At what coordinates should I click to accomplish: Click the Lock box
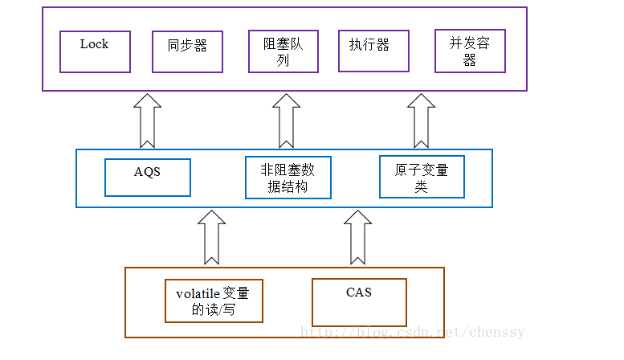[x=95, y=51]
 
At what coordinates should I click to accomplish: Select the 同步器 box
[x=187, y=51]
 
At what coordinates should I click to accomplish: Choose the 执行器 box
[x=373, y=51]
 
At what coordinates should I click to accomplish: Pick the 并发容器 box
[x=470, y=51]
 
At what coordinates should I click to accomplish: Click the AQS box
[x=148, y=178]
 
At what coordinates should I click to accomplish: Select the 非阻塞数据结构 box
[x=288, y=178]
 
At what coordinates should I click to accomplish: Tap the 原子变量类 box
[x=422, y=177]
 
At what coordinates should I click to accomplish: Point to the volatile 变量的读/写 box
[x=214, y=301]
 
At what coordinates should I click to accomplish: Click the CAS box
[x=359, y=301]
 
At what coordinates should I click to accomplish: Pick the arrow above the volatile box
[x=212, y=237]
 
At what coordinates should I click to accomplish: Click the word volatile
[x=198, y=293]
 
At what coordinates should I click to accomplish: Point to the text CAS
[x=359, y=292]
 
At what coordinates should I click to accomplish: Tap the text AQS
[x=148, y=171]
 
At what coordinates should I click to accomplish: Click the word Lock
[x=94, y=44]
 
